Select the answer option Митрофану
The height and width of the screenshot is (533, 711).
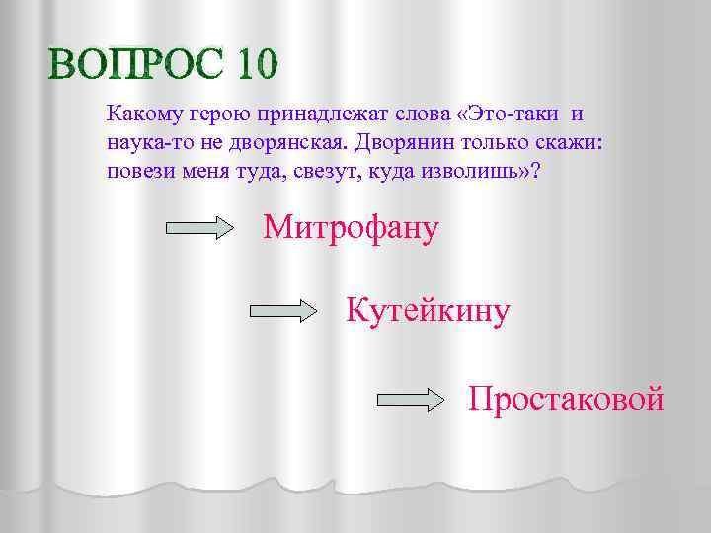point(351,229)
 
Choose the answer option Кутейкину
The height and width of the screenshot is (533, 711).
point(428,312)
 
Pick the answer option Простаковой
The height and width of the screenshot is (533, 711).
point(566,398)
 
